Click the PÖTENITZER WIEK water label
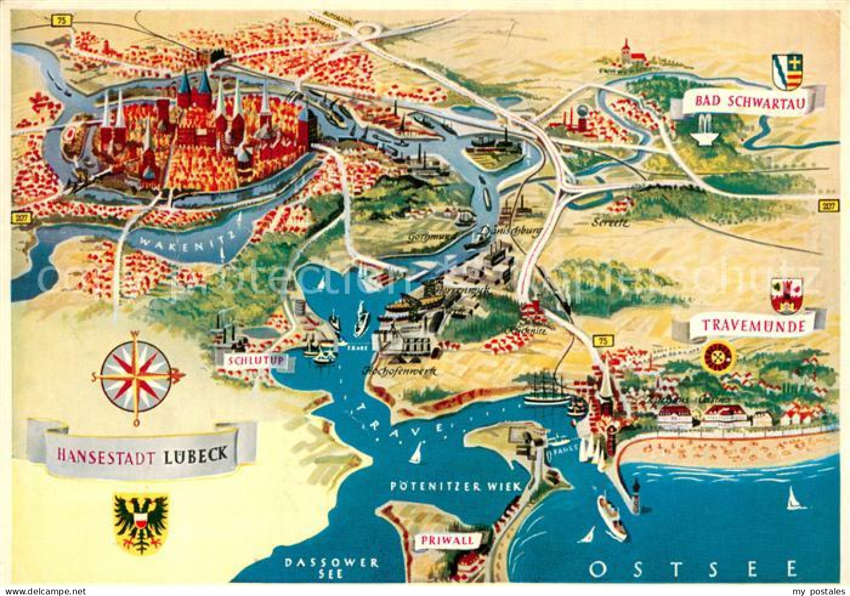point(456,486)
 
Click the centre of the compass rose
point(136,376)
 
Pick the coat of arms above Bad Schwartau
point(787,71)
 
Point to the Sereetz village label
point(610,222)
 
